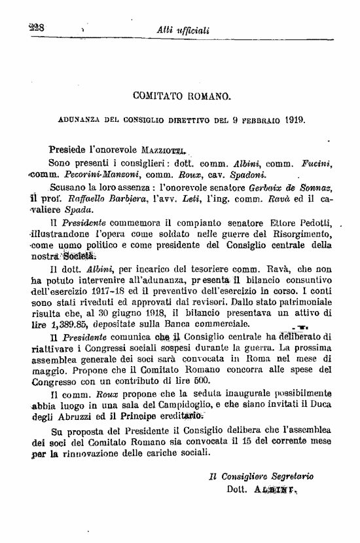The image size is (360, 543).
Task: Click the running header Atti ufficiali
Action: (x=183, y=30)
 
